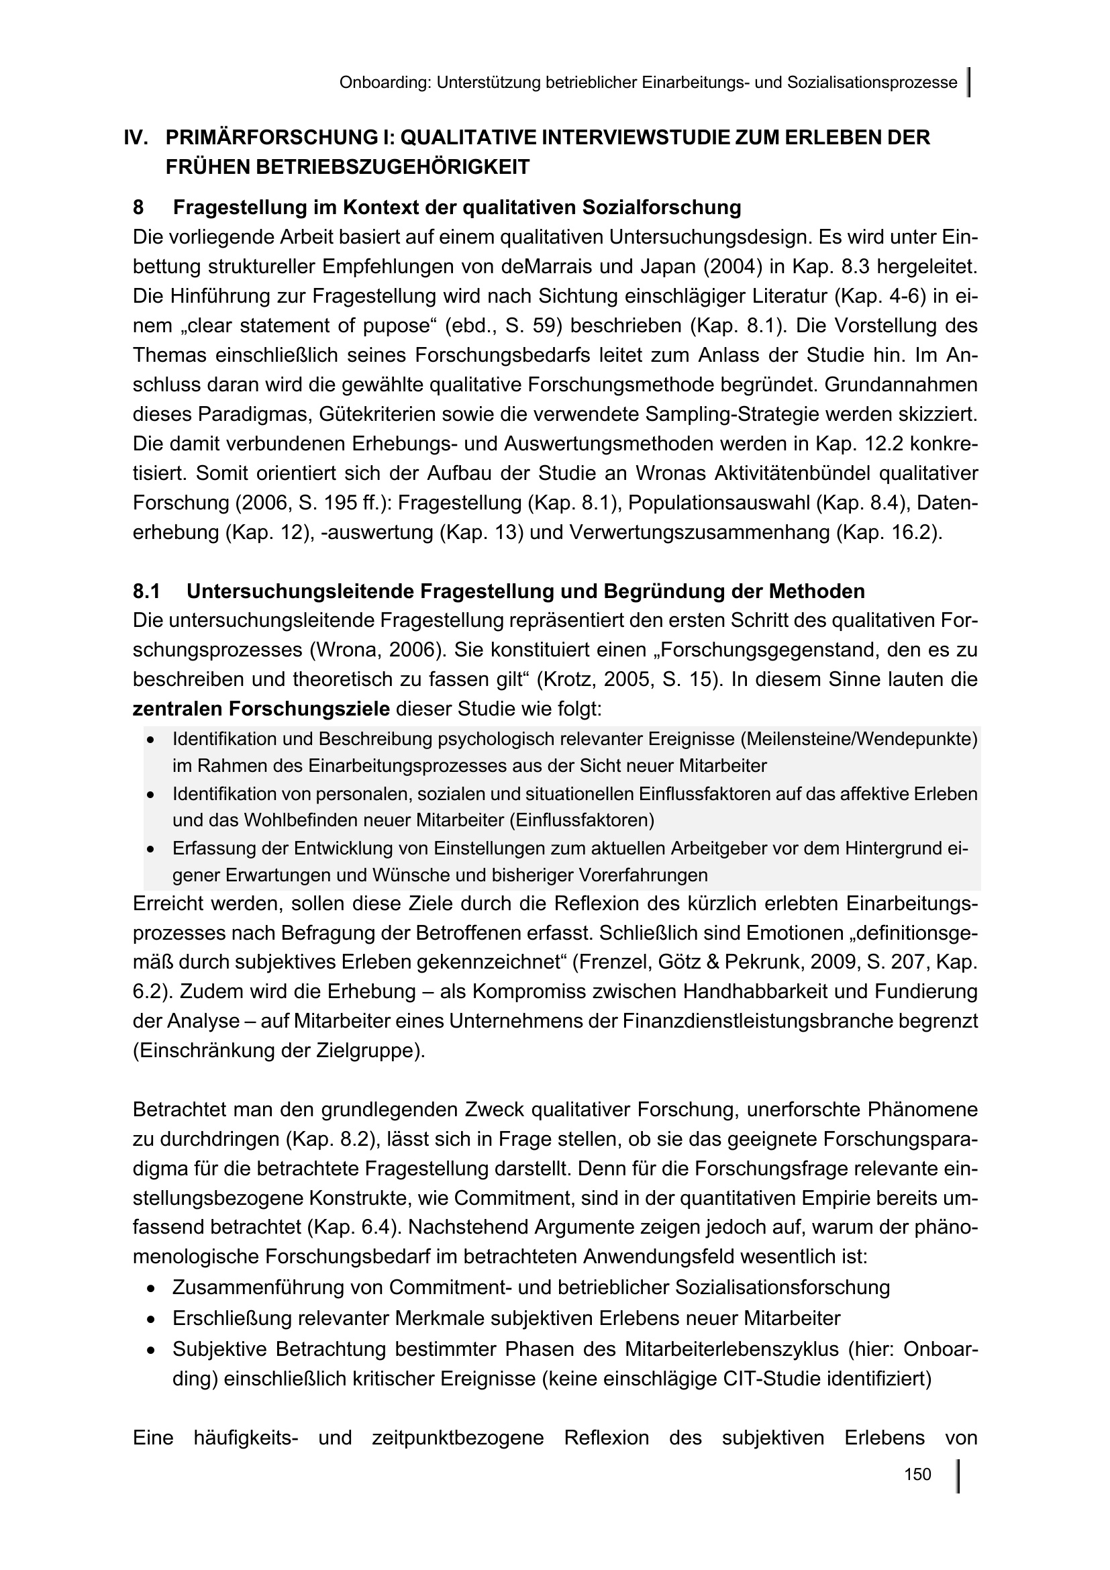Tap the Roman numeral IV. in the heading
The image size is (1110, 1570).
[x=136, y=138]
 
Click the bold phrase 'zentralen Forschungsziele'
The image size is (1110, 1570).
[x=261, y=708]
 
